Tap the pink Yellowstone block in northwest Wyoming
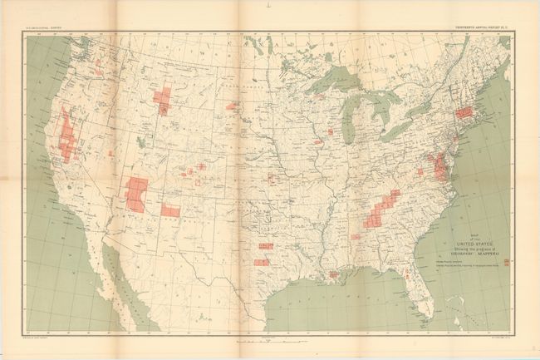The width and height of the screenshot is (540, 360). click(163, 101)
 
